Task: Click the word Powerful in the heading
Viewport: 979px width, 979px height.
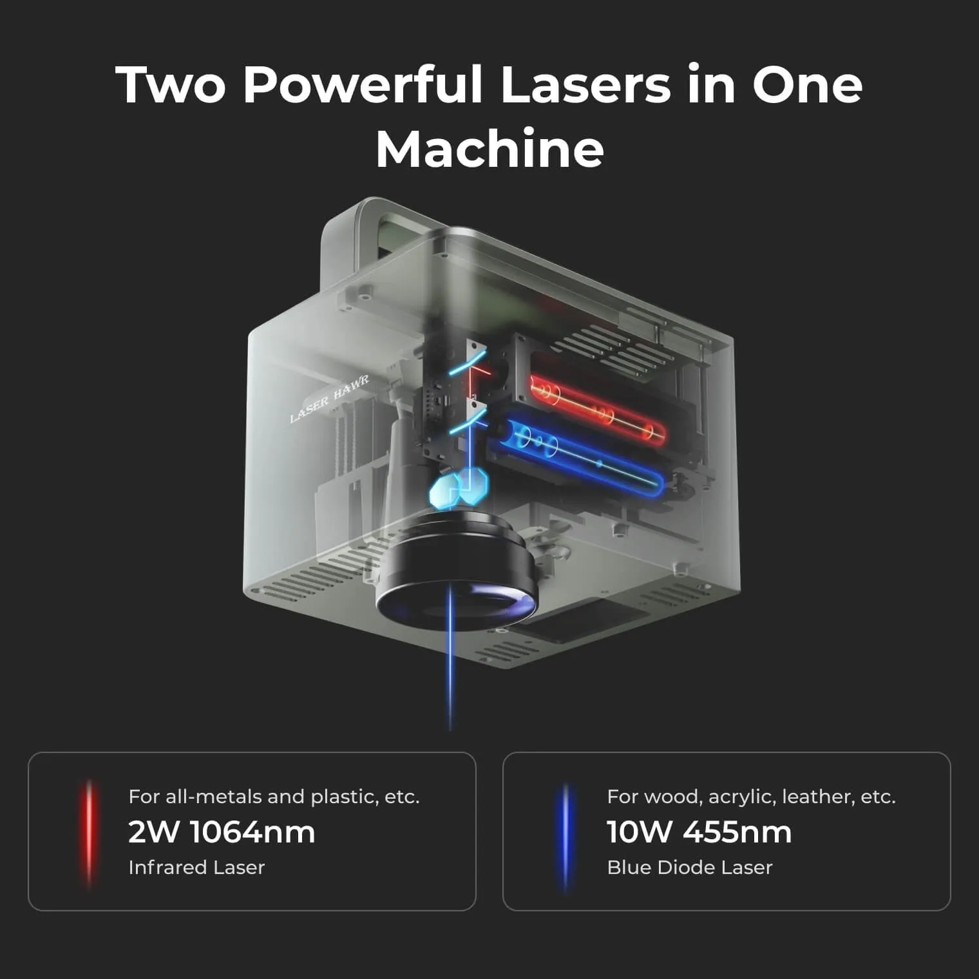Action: click(363, 84)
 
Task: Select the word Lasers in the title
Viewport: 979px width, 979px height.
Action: click(585, 84)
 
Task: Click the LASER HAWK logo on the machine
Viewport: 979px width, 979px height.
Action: click(329, 399)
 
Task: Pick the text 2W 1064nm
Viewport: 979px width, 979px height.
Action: click(222, 832)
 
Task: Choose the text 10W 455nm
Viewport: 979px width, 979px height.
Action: click(699, 832)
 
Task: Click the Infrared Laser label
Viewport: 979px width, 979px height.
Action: click(196, 868)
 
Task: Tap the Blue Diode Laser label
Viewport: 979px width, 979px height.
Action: click(690, 868)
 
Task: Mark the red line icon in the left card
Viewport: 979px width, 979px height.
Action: click(89, 833)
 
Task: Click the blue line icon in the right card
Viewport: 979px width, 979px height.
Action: click(566, 836)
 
